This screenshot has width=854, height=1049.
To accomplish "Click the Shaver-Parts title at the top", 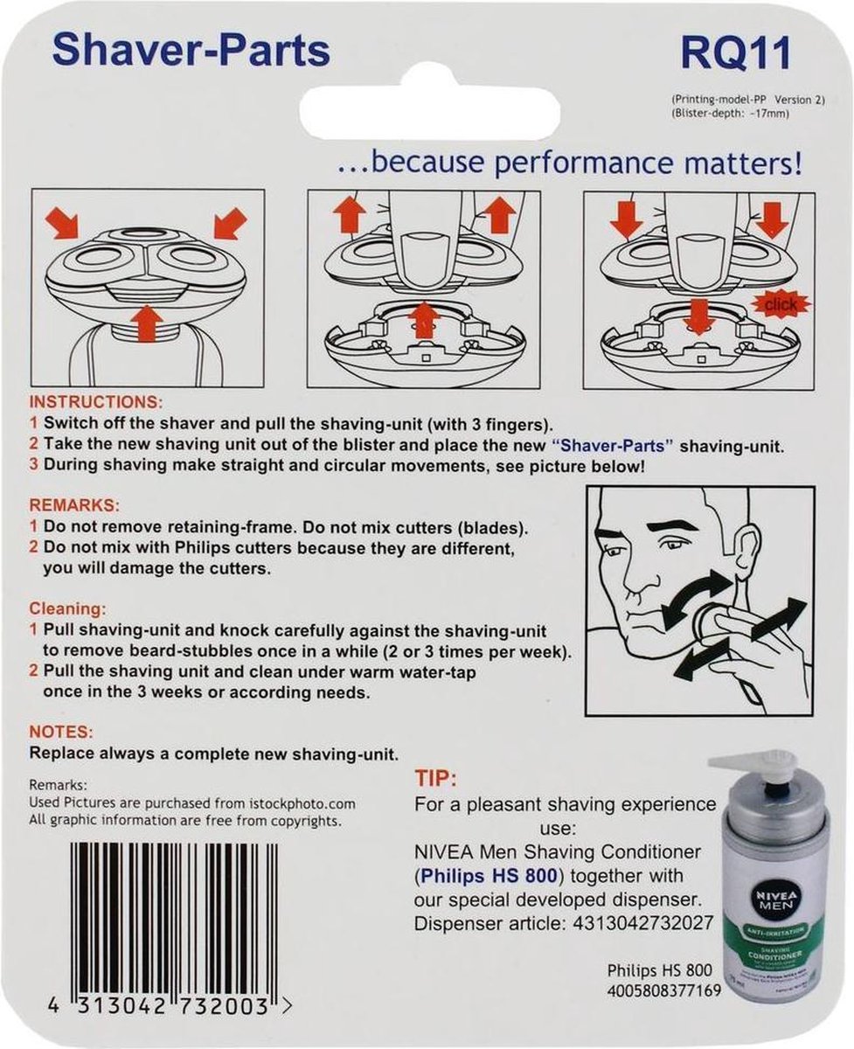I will coord(191,52).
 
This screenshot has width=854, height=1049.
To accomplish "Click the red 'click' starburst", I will coord(781,305).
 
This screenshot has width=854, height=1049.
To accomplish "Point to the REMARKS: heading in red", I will coord(74,505).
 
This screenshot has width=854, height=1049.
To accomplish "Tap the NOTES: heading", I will coord(61,731).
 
